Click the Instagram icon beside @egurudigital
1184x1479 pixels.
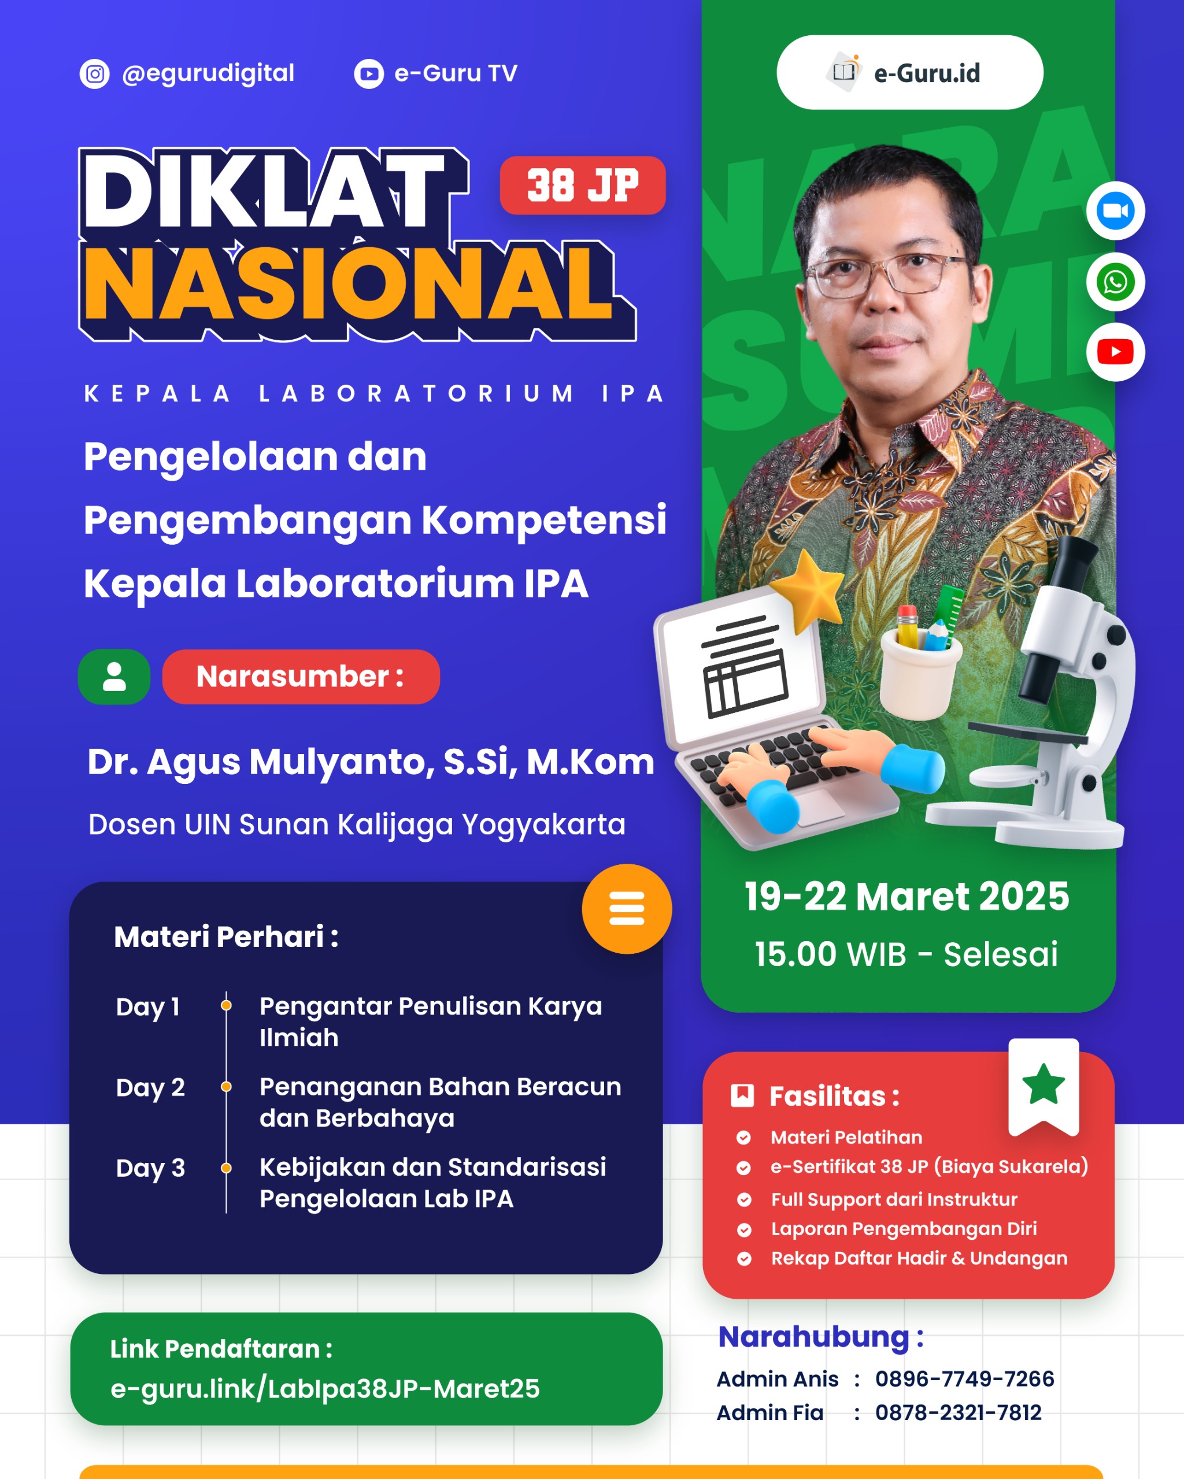[95, 74]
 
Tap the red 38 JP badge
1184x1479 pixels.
[583, 185]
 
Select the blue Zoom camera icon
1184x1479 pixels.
[1115, 211]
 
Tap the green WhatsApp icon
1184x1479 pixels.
[1115, 281]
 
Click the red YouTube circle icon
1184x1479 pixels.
[1115, 352]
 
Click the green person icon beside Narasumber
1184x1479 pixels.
[114, 677]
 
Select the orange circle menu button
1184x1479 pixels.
[627, 908]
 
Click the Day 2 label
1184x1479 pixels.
[150, 1087]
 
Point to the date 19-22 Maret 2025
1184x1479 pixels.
[906, 896]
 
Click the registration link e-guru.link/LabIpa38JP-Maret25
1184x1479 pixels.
[325, 1388]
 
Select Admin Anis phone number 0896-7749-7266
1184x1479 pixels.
[964, 1379]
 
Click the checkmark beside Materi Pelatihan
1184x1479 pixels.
[743, 1138]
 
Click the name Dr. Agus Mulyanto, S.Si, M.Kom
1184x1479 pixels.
[371, 761]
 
